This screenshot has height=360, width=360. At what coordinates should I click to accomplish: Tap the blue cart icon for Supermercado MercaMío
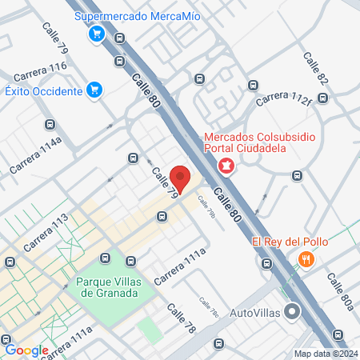pyautogui.click(x=97, y=33)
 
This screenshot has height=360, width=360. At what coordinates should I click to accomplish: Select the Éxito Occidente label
pyautogui.click(x=43, y=91)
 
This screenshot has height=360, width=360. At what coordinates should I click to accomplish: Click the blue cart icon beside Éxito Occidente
pyautogui.click(x=94, y=90)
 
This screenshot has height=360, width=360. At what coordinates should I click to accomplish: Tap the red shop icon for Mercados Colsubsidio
pyautogui.click(x=226, y=166)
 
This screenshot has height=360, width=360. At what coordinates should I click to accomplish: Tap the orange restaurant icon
pyautogui.click(x=306, y=259)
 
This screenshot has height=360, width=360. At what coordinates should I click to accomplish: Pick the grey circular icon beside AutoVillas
pyautogui.click(x=294, y=311)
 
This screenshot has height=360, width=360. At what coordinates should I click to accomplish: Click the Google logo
pyautogui.click(x=26, y=350)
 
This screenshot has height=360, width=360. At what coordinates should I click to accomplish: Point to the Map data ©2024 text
pyautogui.click(x=326, y=354)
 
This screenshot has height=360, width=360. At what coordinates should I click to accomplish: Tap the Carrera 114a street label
pyautogui.click(x=37, y=157)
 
